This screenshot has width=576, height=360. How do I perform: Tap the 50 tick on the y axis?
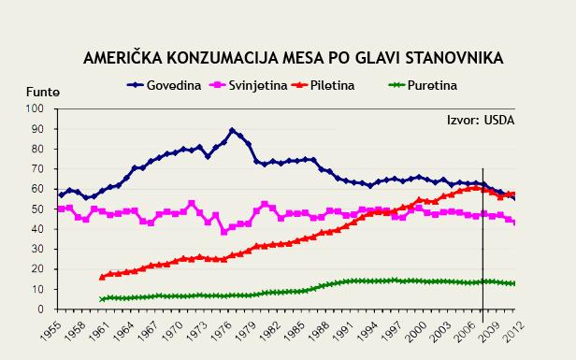click(38, 209)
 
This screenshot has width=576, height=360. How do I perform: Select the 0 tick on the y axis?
click(41, 310)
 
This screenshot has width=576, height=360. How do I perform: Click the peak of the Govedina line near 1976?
click(232, 131)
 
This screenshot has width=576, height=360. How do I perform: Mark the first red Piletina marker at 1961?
click(102, 277)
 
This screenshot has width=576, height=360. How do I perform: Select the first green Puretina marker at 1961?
click(102, 299)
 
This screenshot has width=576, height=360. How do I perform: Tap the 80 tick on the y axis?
click(38, 149)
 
